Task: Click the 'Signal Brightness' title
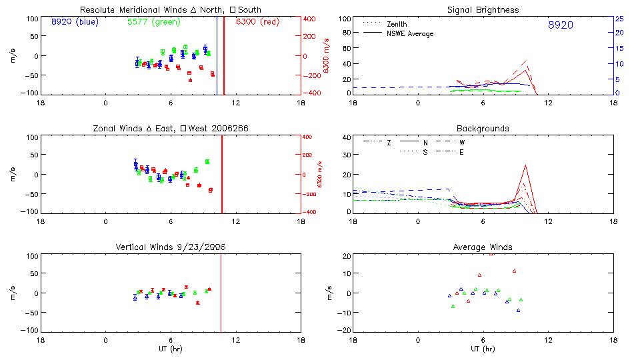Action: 483,10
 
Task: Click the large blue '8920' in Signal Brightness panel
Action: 560,25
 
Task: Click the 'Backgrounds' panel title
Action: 483,128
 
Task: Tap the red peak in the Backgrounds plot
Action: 525,165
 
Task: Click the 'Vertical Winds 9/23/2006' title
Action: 170,247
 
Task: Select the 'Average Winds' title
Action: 483,247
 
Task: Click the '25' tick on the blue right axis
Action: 619,19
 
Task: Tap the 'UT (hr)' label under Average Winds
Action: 483,349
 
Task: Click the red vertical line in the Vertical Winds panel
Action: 221,293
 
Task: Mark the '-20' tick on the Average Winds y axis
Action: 343,331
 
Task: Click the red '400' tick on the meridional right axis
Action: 311,19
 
